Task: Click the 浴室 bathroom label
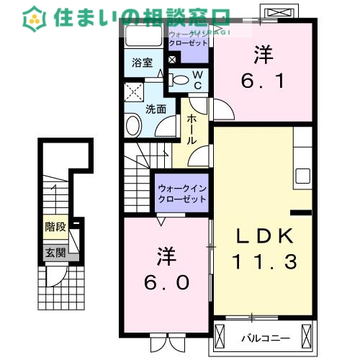click(x=141, y=63)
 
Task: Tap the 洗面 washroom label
click(x=156, y=109)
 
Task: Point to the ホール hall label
click(x=192, y=130)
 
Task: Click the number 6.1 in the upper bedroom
click(x=263, y=81)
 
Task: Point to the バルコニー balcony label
click(x=264, y=336)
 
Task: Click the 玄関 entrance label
click(x=55, y=253)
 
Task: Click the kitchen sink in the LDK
click(x=302, y=176)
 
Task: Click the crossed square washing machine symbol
click(x=133, y=92)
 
